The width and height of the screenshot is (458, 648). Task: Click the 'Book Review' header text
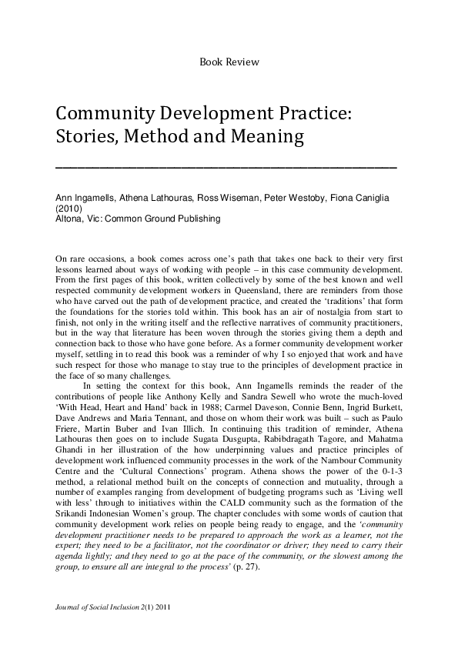coord(229,62)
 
